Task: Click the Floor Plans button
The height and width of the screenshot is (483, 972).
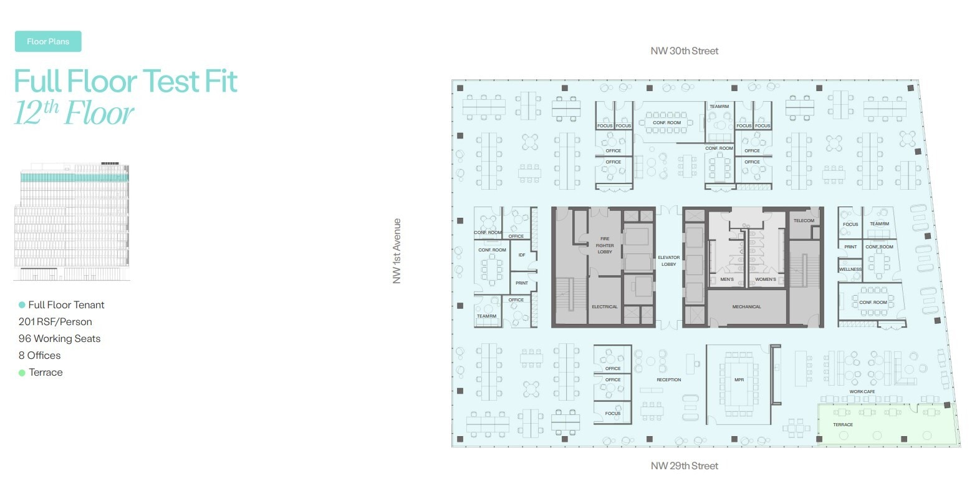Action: coord(48,42)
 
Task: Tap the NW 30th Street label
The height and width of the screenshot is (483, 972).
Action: coord(684,51)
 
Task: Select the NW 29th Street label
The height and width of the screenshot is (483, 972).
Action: coord(684,466)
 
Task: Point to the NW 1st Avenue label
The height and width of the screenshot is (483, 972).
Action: coord(397,251)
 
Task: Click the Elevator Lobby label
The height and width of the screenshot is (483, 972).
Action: coord(669,260)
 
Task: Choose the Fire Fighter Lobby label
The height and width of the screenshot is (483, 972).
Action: coord(605,245)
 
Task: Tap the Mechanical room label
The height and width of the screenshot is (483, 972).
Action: coord(746,306)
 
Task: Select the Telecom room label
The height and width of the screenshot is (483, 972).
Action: coord(804,221)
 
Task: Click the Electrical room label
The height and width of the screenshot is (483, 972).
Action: coord(604,306)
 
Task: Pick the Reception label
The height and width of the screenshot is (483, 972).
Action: coord(668,379)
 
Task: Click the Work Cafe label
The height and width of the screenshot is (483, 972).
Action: coord(862,391)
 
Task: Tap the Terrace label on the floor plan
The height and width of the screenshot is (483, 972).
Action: coord(842,425)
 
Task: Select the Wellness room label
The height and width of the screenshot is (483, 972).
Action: coord(850,270)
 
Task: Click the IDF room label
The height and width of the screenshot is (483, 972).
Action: coord(522,255)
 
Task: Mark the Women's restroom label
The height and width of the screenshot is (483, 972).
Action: coord(765,279)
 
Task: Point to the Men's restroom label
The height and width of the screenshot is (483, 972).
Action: coord(726,279)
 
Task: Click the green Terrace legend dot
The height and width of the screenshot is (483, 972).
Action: coord(22,373)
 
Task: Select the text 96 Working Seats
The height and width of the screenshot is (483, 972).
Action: coord(59,339)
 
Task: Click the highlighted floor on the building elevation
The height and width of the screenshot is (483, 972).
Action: coord(75,177)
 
